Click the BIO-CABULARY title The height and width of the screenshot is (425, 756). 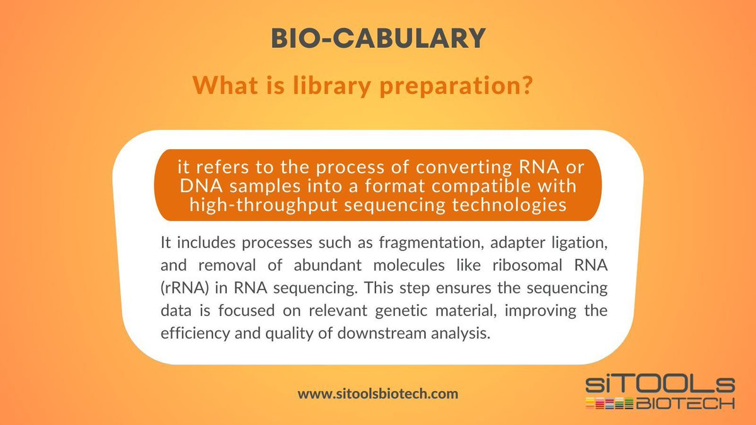(378, 39)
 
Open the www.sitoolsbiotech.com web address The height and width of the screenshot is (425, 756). (378, 394)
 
